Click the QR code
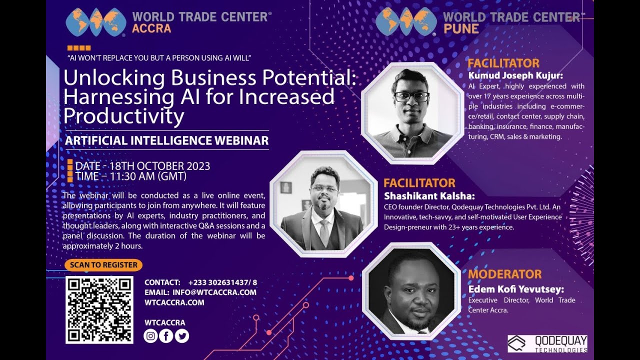[99, 309]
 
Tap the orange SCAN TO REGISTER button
[103, 265]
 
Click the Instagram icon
[150, 336]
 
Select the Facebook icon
[166, 336]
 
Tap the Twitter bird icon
[181, 336]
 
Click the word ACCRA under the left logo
[151, 28]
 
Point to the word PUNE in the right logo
[461, 28]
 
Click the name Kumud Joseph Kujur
[515, 76]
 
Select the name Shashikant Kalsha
[429, 195]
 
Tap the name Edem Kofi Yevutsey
[516, 289]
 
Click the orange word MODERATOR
[504, 274]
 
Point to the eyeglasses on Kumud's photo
[411, 96]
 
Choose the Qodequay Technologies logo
[547, 343]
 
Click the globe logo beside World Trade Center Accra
[96, 22]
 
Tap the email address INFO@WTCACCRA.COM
[214, 292]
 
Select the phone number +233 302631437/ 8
[222, 282]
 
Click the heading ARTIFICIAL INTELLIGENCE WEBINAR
[166, 140]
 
